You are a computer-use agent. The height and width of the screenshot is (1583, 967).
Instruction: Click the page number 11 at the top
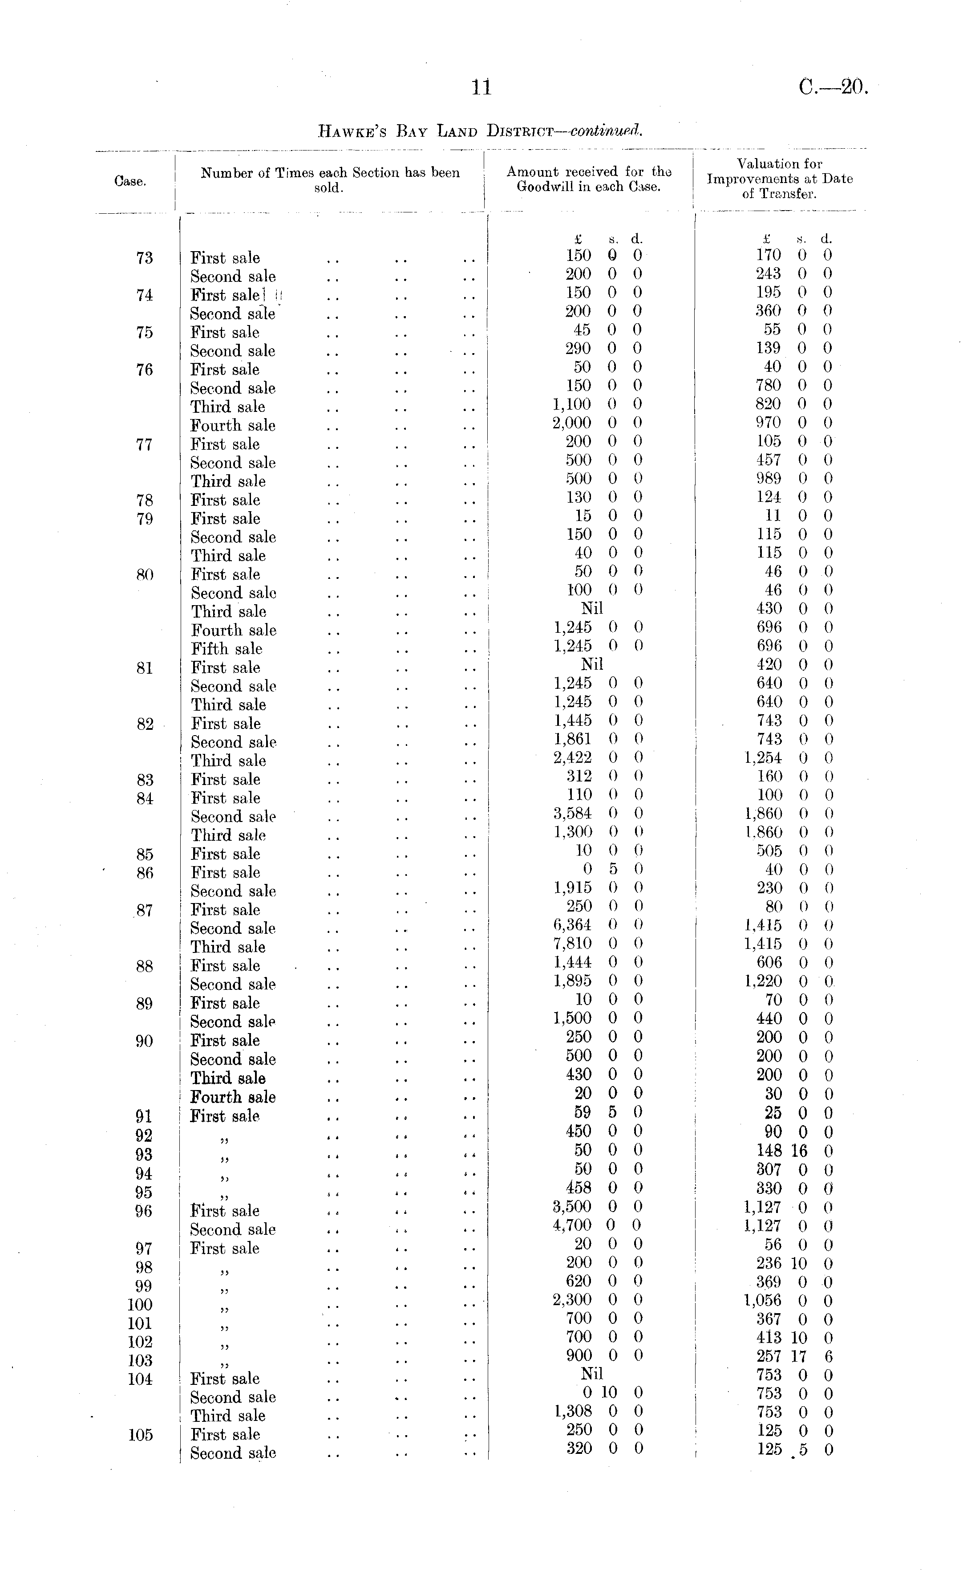[x=481, y=87]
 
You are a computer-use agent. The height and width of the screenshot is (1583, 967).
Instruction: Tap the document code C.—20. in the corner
[x=833, y=87]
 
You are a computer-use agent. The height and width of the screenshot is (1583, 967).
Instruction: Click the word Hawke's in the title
[x=353, y=132]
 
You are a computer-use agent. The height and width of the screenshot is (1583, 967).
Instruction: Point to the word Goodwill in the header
[x=545, y=187]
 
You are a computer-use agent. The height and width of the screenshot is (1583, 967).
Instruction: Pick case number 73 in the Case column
[x=145, y=258]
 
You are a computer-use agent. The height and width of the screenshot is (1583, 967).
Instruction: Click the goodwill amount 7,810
[x=572, y=944]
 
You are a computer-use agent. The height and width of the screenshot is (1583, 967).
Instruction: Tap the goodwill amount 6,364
[x=572, y=925]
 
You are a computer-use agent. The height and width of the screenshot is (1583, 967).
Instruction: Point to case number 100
[x=140, y=1305]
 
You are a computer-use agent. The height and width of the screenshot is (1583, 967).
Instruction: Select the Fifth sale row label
[x=227, y=649]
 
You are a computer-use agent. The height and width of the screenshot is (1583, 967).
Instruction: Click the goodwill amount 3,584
[x=572, y=814]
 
